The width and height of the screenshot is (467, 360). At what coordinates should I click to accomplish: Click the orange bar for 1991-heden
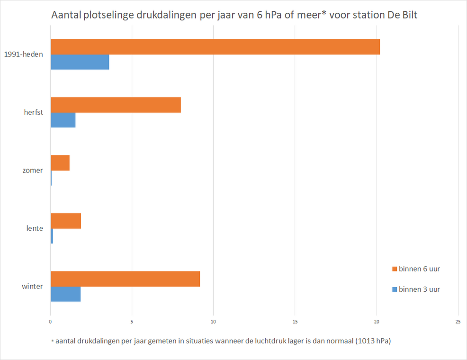pyautogui.click(x=215, y=47)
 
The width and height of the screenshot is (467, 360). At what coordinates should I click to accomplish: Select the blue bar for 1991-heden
pyautogui.click(x=80, y=62)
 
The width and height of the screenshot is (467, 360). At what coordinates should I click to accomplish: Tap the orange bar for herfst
pyautogui.click(x=116, y=105)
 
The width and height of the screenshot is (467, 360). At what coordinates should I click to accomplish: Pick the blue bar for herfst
pyautogui.click(x=63, y=120)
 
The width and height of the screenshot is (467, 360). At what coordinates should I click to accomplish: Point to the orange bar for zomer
pyautogui.click(x=60, y=163)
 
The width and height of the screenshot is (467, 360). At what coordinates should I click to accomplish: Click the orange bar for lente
pyautogui.click(x=66, y=221)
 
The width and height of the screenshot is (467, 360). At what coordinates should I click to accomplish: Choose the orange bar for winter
pyautogui.click(x=125, y=279)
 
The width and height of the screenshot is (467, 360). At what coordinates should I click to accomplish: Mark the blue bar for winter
pyautogui.click(x=65, y=294)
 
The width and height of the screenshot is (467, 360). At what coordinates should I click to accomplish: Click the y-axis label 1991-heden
pyautogui.click(x=23, y=54)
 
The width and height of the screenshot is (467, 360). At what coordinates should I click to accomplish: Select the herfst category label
pyautogui.click(x=33, y=112)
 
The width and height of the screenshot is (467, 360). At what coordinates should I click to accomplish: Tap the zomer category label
pyautogui.click(x=33, y=171)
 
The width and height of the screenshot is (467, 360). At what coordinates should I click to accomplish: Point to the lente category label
pyautogui.click(x=35, y=228)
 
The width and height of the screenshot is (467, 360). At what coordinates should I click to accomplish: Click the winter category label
pyautogui.click(x=32, y=287)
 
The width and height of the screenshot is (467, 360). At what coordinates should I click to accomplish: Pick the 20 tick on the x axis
pyautogui.click(x=377, y=321)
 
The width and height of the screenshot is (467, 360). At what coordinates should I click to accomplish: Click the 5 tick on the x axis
pyautogui.click(x=132, y=321)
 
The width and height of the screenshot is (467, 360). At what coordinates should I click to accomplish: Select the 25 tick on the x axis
pyautogui.click(x=458, y=321)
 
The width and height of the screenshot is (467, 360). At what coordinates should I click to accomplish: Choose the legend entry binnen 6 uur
pyautogui.click(x=419, y=269)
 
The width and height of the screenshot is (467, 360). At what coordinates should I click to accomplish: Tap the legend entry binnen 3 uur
pyautogui.click(x=419, y=289)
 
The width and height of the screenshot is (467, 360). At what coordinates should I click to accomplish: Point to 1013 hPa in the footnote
pyautogui.click(x=372, y=341)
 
